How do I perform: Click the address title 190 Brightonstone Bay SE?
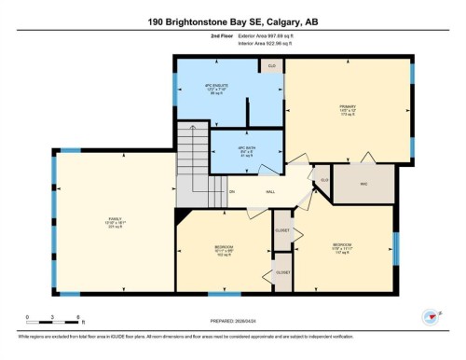tap(233, 21)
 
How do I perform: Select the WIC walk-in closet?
tap(364, 184)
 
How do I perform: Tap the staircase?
tap(200, 168)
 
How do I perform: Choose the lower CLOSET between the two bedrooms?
tap(282, 271)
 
